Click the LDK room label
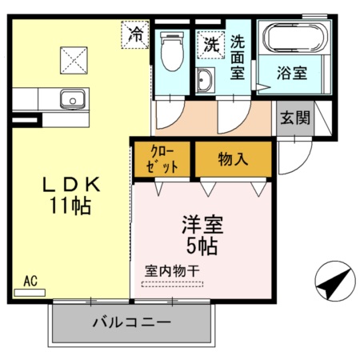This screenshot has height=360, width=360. [71, 184]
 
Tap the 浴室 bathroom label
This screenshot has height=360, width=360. [293, 73]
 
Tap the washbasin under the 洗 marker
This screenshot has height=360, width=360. [206, 80]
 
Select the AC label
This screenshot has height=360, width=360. [30, 281]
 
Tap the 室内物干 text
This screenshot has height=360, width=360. [172, 270]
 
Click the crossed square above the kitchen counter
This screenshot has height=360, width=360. [76, 58]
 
